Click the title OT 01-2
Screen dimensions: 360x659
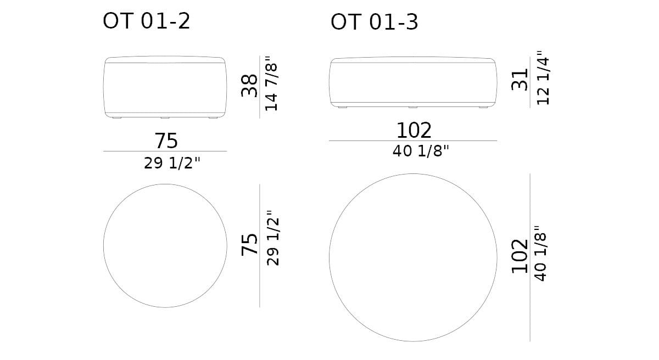(x=147, y=21)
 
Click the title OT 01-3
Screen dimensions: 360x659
(x=374, y=22)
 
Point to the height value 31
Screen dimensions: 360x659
(x=520, y=80)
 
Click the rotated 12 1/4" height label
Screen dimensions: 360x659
(x=543, y=78)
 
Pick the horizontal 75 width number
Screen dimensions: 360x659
(x=166, y=141)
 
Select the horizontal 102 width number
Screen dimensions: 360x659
(x=414, y=131)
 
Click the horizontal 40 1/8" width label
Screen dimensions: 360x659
(x=421, y=151)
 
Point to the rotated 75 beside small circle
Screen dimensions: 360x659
(x=249, y=244)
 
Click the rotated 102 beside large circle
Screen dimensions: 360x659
(x=520, y=256)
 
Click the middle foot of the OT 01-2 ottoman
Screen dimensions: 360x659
(x=165, y=117)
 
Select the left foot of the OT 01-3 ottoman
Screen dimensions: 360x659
(x=343, y=106)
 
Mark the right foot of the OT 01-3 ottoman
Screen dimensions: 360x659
(x=483, y=106)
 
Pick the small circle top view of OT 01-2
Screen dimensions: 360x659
(x=165, y=245)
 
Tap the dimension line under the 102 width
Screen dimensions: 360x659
(x=413, y=141)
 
